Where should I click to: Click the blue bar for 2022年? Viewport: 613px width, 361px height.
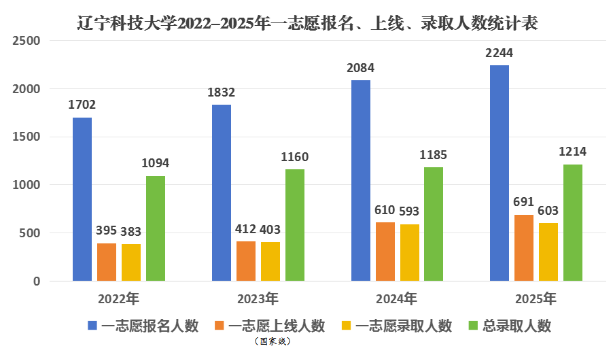pos(82,199)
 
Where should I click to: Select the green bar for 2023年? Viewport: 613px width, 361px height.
pos(295,225)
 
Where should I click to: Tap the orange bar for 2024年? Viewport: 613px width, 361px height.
pos(385,252)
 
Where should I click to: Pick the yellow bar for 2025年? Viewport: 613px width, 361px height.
pos(548,252)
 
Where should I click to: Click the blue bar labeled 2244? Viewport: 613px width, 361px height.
pos(500,173)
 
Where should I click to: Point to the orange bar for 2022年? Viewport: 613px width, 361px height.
pos(107,262)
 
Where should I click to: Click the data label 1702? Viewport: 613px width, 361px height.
pos(82,105)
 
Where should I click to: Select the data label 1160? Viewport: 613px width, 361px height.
pos(295,157)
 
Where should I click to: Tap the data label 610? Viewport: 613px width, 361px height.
pos(385,209)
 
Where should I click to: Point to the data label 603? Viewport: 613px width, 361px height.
pos(548,210)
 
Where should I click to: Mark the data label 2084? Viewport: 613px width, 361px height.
pos(360,68)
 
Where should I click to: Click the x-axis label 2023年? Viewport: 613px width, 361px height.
pos(258,298)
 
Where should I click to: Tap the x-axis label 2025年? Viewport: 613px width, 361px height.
pos(536,298)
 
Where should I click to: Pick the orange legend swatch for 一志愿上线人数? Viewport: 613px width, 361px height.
pos(220,326)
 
